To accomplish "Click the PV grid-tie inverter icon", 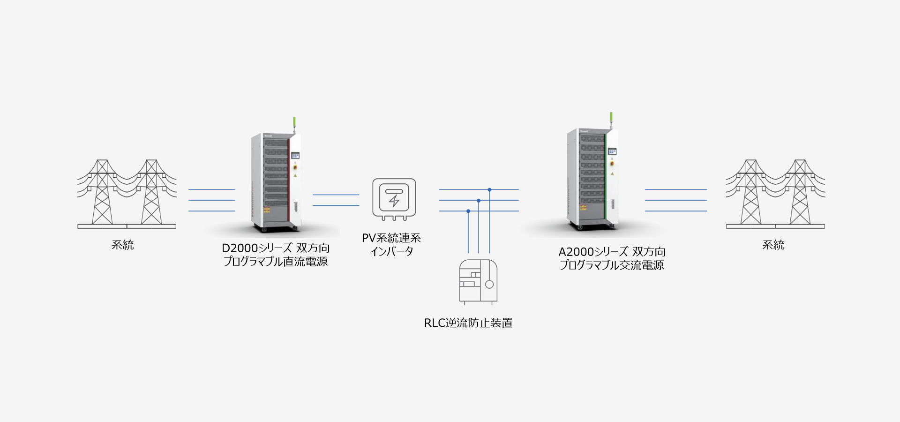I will click(x=394, y=199).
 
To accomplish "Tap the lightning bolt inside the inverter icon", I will click(x=394, y=201).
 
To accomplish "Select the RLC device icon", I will click(x=478, y=281).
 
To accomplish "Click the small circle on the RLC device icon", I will click(x=489, y=284).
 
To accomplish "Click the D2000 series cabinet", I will click(x=276, y=183).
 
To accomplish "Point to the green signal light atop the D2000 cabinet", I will click(x=294, y=123).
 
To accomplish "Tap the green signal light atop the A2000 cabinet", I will click(x=611, y=118).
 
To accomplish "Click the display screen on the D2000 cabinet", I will click(x=295, y=155).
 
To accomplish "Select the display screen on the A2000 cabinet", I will click(x=612, y=151).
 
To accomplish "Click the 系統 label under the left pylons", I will click(x=123, y=245).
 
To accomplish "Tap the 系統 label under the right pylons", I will click(x=773, y=245).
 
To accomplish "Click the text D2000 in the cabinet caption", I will click(x=240, y=248).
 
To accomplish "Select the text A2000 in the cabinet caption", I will click(x=576, y=252).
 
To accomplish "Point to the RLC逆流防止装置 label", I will click(x=468, y=323).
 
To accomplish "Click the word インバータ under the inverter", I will click(x=391, y=252).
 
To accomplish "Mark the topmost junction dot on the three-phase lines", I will click(x=489, y=189).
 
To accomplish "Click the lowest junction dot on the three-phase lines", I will click(x=468, y=211).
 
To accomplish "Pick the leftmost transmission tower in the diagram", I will click(x=102, y=192).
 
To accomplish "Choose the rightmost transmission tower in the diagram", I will click(x=800, y=192).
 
